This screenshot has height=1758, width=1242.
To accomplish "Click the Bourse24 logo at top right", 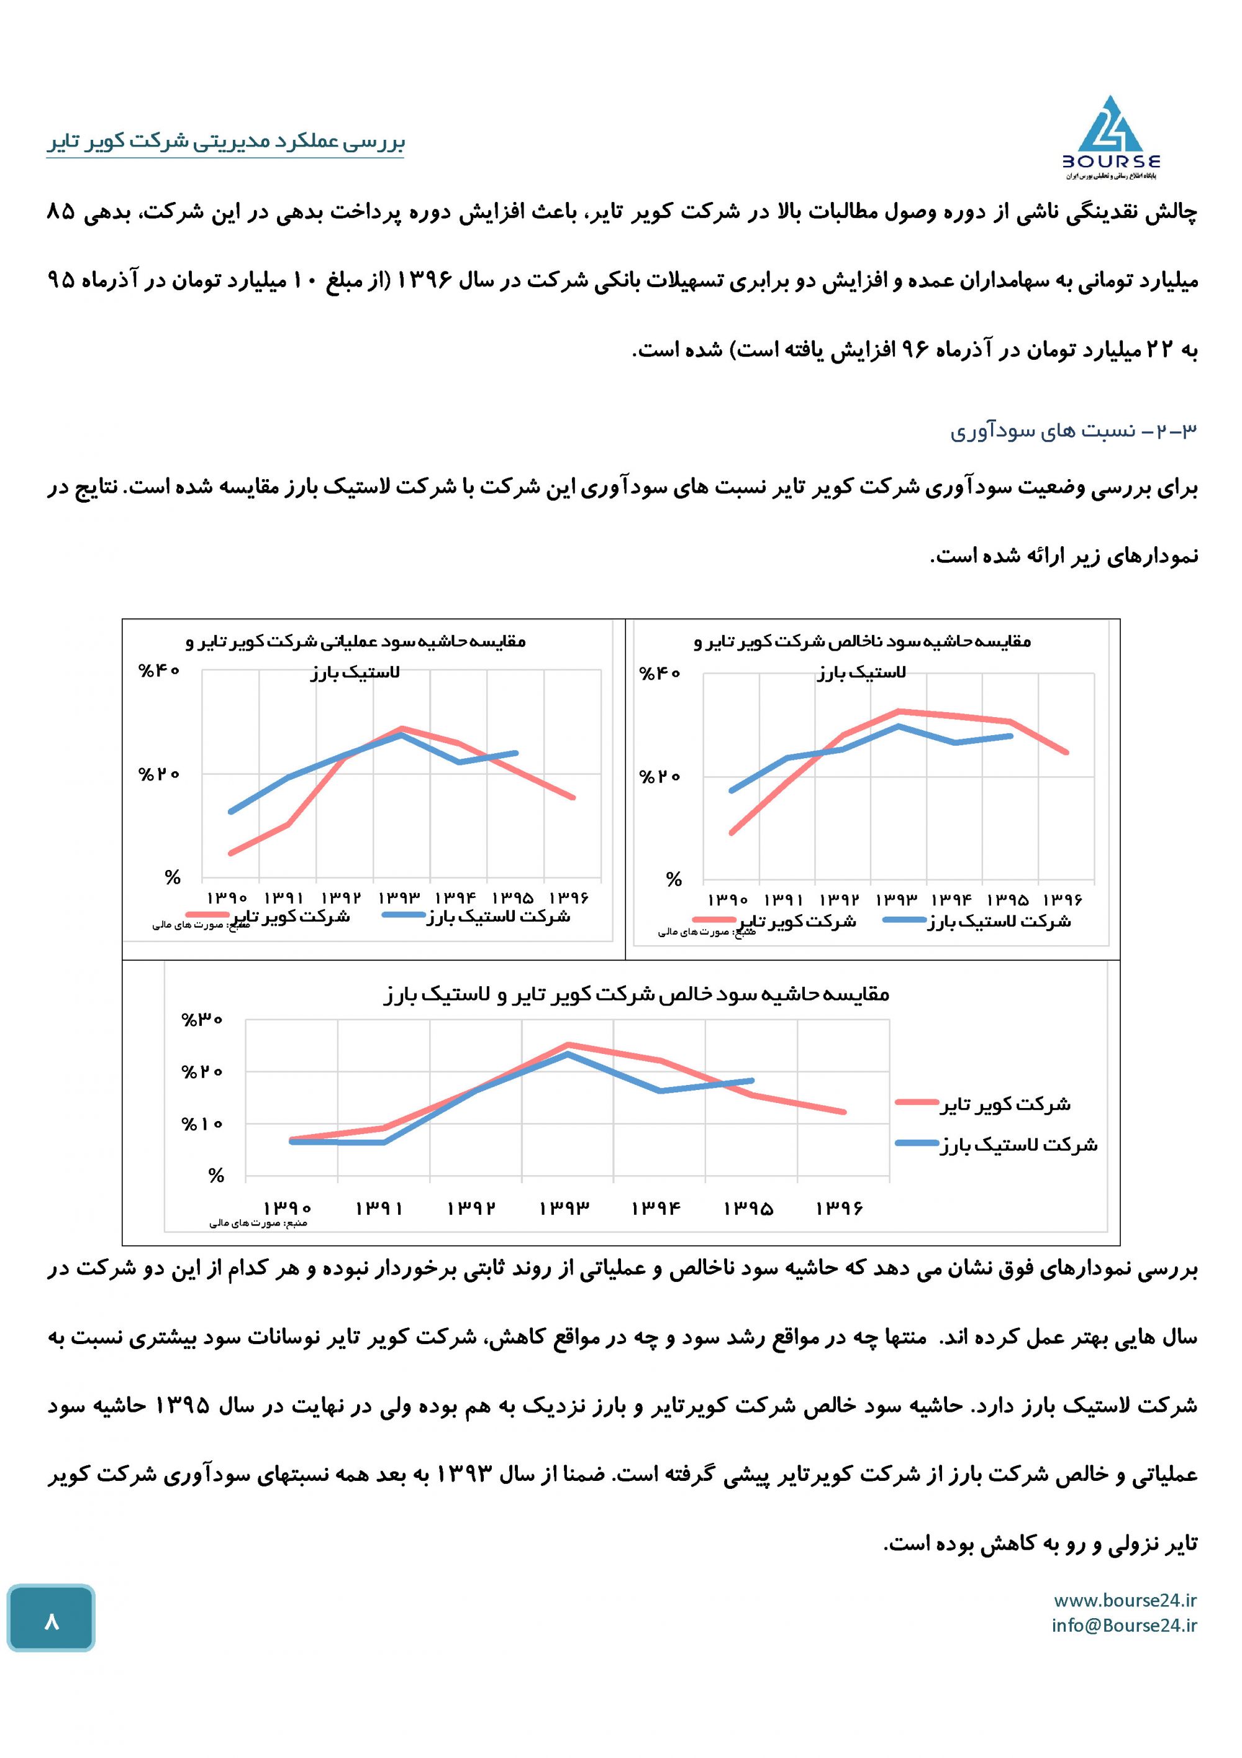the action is (1110, 138).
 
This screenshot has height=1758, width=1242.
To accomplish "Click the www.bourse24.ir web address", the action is (1125, 1600).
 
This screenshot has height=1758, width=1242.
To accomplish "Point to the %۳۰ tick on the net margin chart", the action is (202, 1020).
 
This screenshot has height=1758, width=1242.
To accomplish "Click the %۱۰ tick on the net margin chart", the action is (202, 1124).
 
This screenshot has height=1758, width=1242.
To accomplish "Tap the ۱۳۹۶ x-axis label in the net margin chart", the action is (840, 1207).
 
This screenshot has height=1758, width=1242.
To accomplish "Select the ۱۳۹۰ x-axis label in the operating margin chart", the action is (227, 897).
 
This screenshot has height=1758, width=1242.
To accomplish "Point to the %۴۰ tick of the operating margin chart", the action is (158, 671).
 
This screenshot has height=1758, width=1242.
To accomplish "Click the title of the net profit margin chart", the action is (636, 995).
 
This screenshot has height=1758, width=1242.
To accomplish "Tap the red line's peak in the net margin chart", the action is (568, 1045).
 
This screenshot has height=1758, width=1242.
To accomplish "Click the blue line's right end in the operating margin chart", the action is (516, 753).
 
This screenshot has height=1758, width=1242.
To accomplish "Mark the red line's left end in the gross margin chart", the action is (732, 833).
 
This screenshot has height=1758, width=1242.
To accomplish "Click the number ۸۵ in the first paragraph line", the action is (61, 212).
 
